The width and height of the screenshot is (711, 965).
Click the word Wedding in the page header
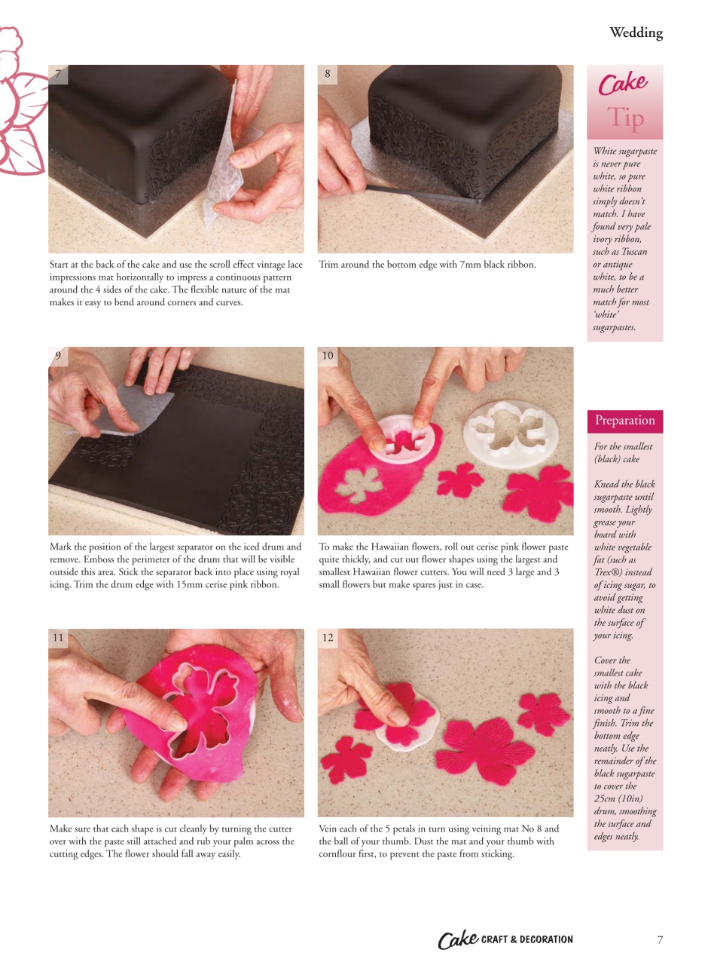[x=636, y=33]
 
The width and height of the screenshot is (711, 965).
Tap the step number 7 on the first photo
[x=57, y=74]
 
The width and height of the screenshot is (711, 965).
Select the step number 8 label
[x=328, y=74]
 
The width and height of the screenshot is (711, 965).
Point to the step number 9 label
[x=58, y=356]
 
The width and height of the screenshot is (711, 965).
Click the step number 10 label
[x=328, y=356]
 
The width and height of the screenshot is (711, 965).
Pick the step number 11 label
[x=58, y=638]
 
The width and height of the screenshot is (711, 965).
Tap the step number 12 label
[x=328, y=638]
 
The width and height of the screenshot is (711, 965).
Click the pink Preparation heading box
[x=624, y=421]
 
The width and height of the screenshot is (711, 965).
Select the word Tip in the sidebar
[x=624, y=118]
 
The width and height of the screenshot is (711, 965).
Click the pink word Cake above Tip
[x=623, y=83]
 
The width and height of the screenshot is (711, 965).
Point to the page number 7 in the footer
[x=660, y=939]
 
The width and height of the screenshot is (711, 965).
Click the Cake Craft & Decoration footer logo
[x=505, y=939]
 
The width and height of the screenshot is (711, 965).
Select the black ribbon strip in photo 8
[x=422, y=195]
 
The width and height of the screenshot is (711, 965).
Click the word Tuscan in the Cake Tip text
[x=633, y=252]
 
